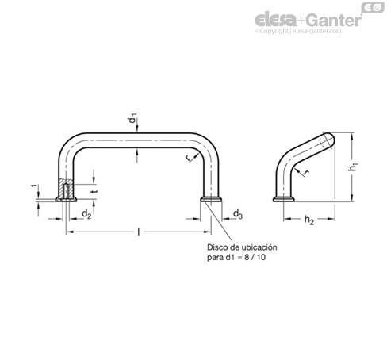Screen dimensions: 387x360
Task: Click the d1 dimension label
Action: pos(133,118)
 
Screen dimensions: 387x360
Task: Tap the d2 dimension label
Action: pos(86,213)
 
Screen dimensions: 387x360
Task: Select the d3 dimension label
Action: pos(238,213)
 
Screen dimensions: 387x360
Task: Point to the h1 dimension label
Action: pos(353,167)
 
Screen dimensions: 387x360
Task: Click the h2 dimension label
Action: pos(309,220)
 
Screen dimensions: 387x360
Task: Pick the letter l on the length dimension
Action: pos(138,232)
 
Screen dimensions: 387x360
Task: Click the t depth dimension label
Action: pos(95,191)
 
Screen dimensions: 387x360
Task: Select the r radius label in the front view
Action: pos(187,158)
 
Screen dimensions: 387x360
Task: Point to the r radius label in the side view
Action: pos(307,172)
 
